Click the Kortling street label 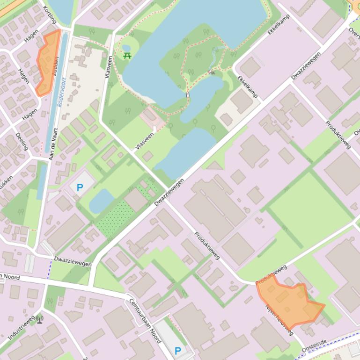click(50, 15)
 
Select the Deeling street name click(22, 141)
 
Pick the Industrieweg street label click(21, 327)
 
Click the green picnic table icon click(127, 56)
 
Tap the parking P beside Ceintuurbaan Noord click(177, 351)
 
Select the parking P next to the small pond click(80, 188)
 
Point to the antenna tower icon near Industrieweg click(40, 319)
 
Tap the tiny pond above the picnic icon click(126, 48)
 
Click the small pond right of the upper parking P click(101, 201)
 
